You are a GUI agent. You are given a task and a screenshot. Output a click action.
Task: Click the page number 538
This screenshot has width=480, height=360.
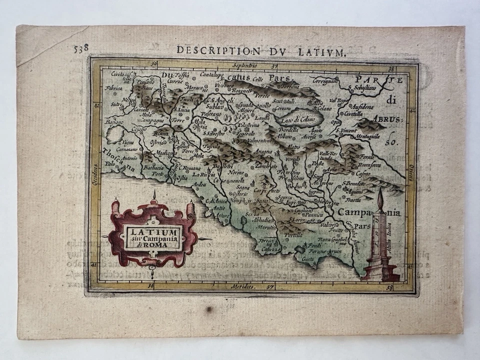pyautogui.click(x=80, y=48)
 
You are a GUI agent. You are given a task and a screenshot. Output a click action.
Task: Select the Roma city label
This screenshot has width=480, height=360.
pyautogui.click(x=161, y=133)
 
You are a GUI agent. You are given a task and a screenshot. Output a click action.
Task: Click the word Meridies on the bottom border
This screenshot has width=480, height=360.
pyautogui.click(x=243, y=286)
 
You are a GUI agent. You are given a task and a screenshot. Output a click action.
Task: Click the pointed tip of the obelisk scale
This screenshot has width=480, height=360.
pyautogui.click(x=380, y=192)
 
